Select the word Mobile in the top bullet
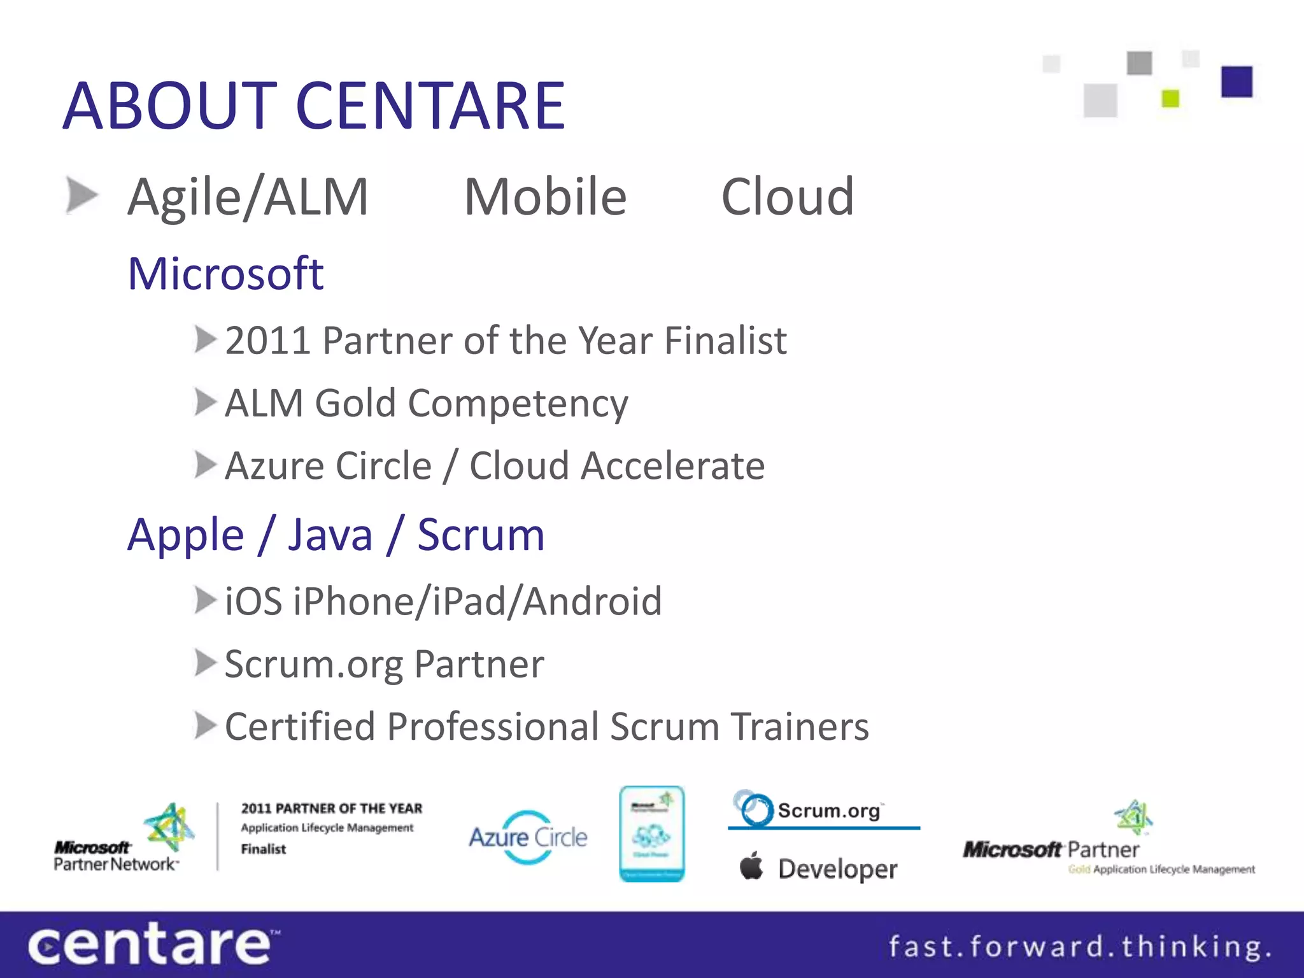click(x=545, y=197)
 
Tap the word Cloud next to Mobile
click(x=787, y=197)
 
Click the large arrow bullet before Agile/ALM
click(x=82, y=195)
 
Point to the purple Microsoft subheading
click(x=225, y=274)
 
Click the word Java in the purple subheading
click(x=330, y=535)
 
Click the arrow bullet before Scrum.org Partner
click(x=205, y=663)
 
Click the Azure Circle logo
click(x=528, y=837)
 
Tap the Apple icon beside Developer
click(x=751, y=866)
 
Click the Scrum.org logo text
click(x=828, y=811)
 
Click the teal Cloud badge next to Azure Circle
click(x=651, y=833)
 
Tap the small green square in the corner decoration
click(x=1170, y=99)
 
